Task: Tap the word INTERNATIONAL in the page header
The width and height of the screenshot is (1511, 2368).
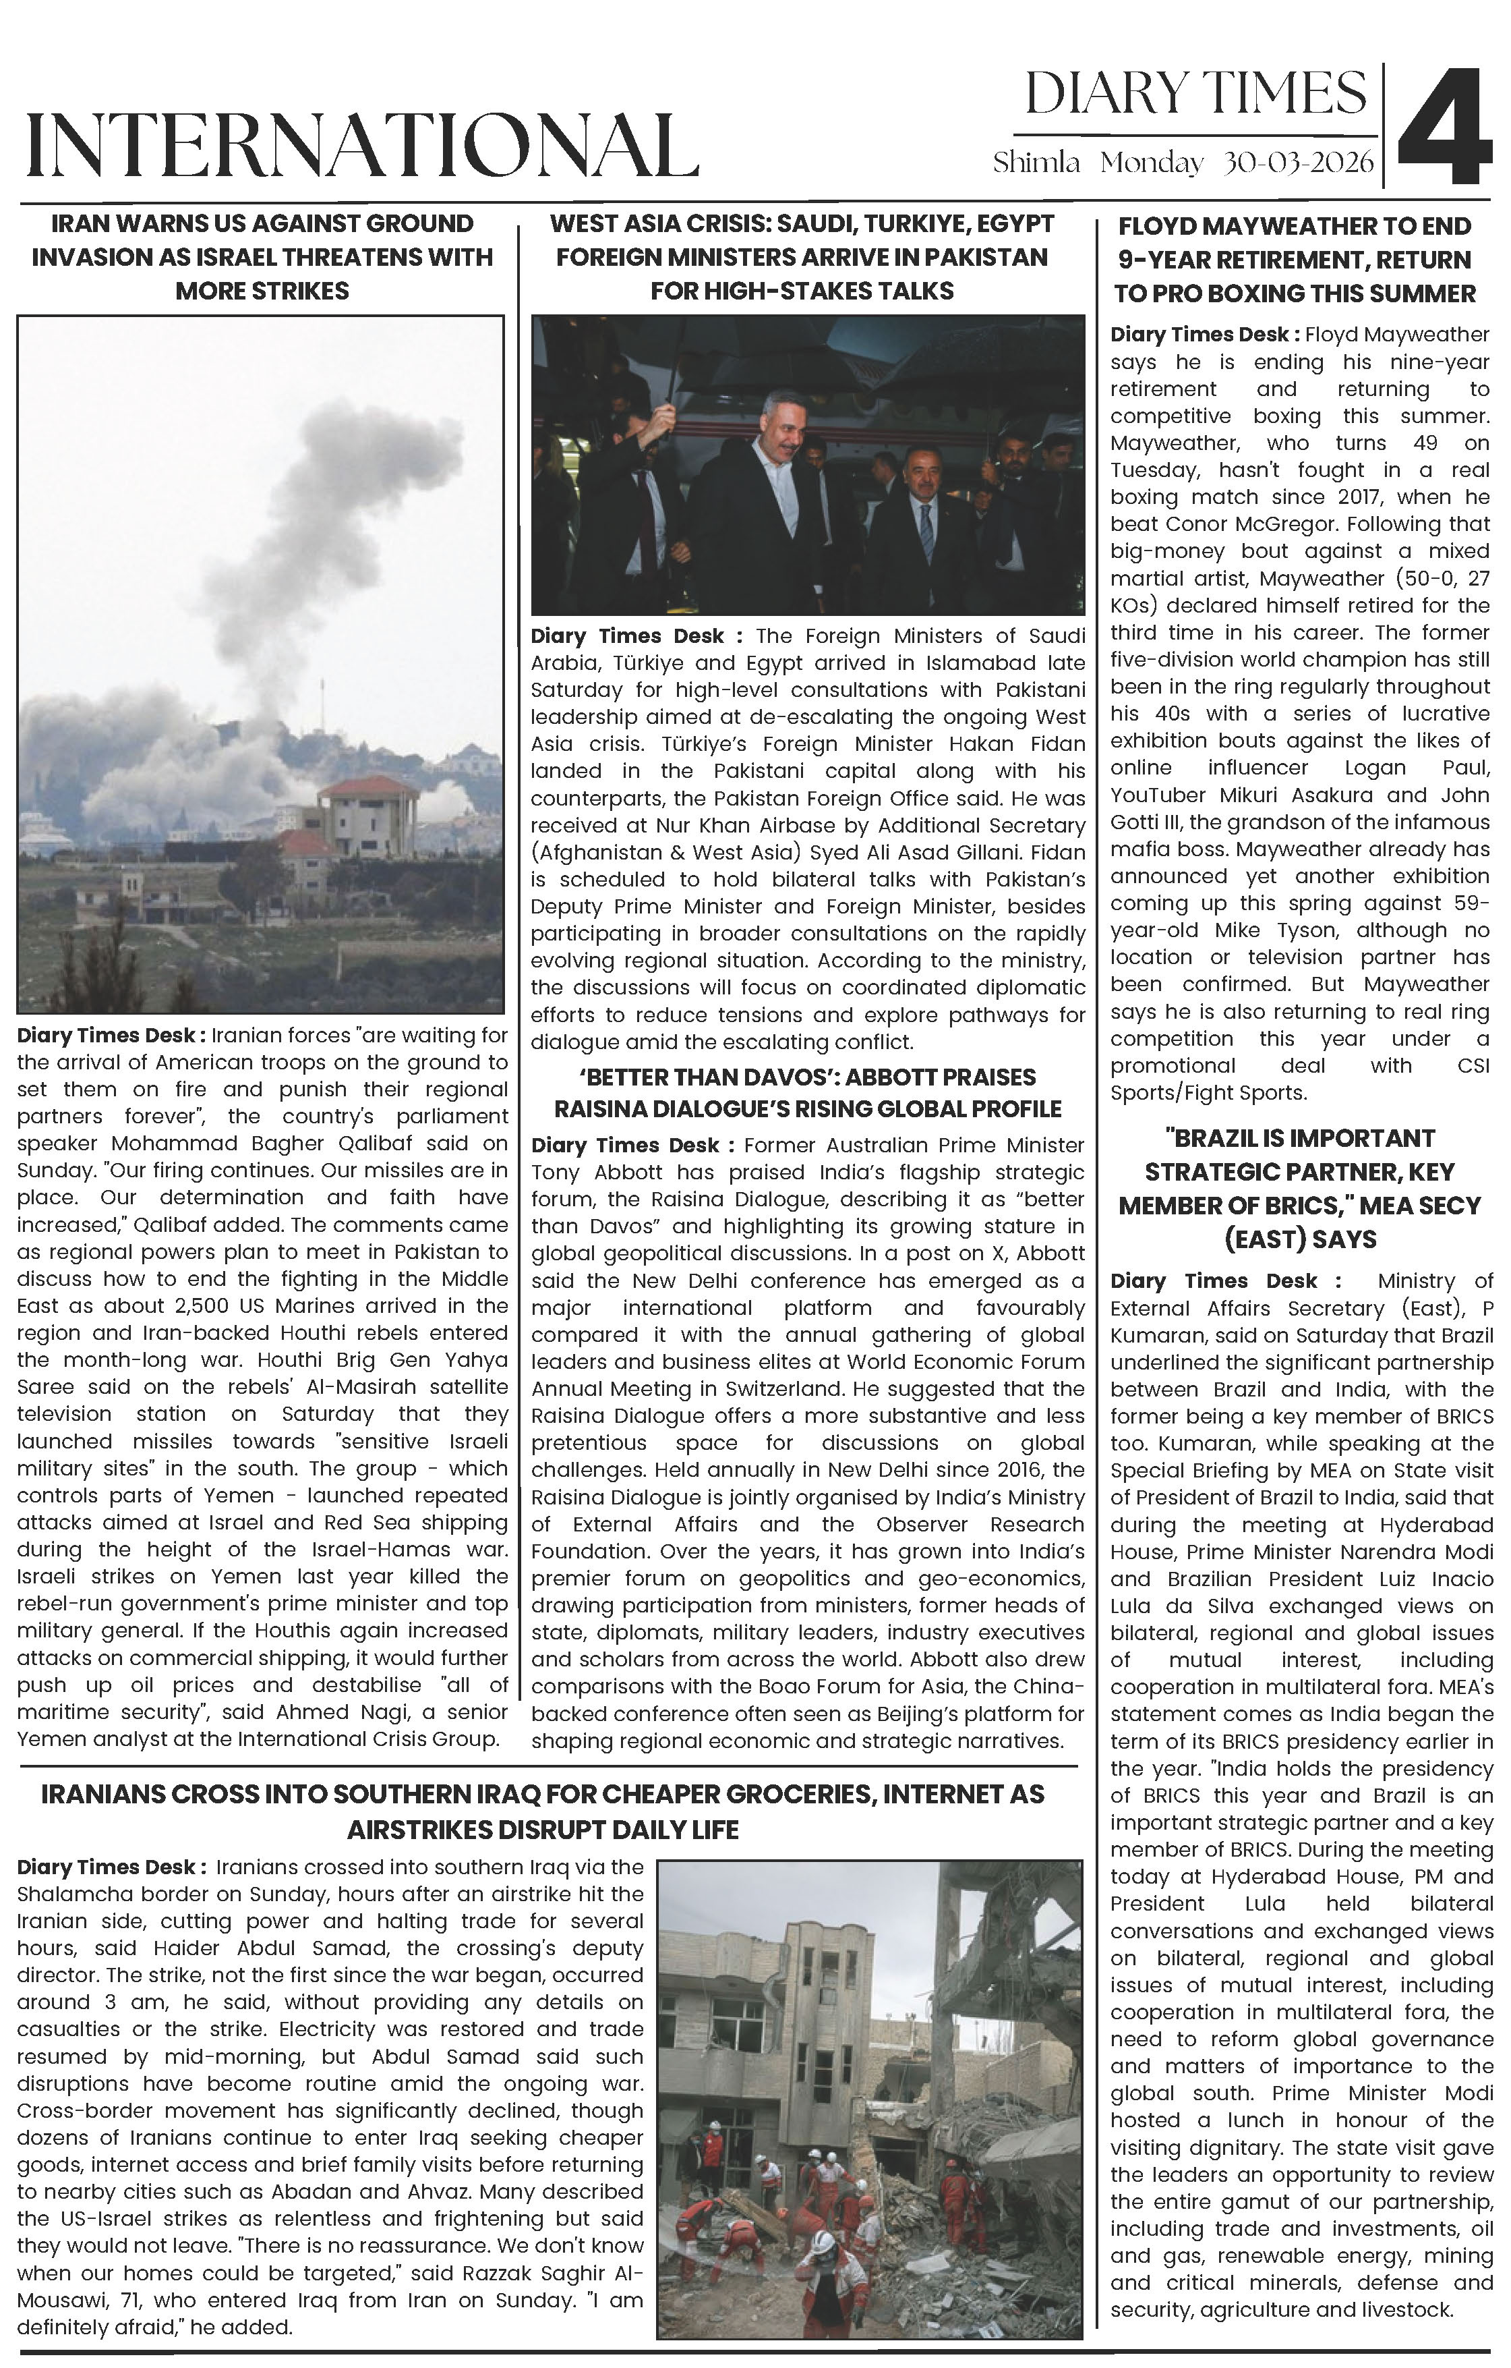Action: pyautogui.click(x=362, y=146)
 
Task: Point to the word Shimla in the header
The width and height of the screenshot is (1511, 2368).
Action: pyautogui.click(x=1036, y=163)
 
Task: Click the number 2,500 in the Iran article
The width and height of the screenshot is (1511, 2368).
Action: pyautogui.click(x=210, y=1306)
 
